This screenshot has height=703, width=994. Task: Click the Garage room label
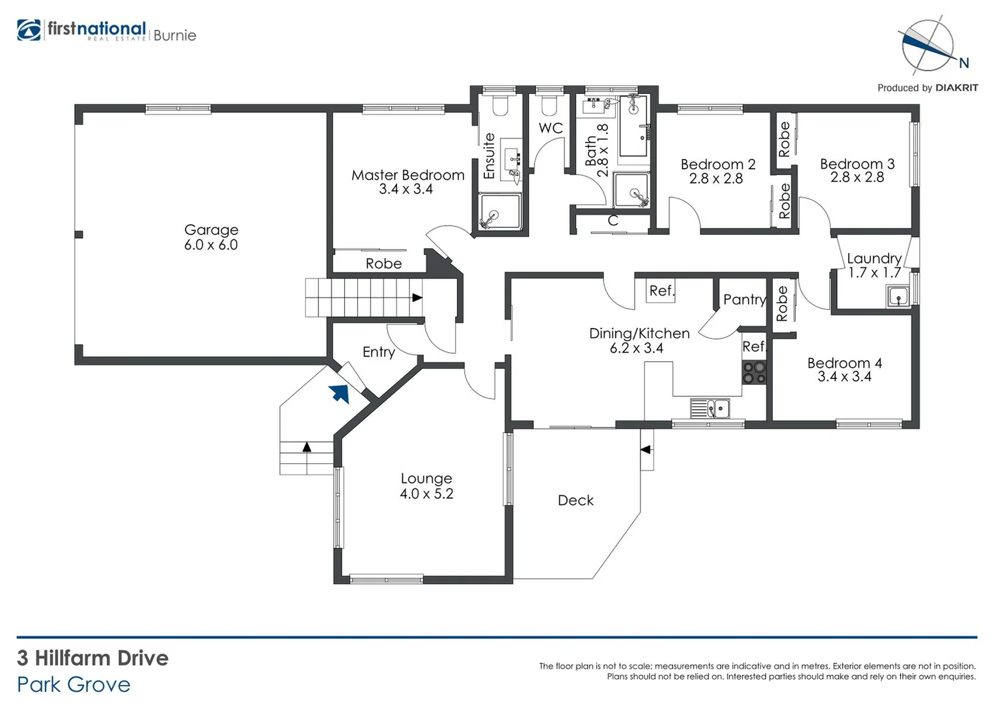pos(211,230)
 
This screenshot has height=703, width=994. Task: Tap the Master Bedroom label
pos(407,175)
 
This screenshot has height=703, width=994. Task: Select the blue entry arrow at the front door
pos(339,393)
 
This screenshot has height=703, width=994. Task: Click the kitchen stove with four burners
pos(754,372)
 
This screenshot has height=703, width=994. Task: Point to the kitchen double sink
pos(710,409)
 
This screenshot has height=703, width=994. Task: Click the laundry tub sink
pos(898,297)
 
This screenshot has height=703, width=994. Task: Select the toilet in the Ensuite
pos(500,105)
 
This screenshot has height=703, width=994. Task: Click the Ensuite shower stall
pos(500,212)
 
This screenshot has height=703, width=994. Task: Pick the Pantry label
pos(744,299)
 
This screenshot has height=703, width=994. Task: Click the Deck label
pos(575,501)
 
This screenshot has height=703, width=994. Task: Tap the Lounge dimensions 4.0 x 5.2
pos(426,494)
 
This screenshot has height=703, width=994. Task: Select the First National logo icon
pos(29,31)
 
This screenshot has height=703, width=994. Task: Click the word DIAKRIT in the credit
pos(956,88)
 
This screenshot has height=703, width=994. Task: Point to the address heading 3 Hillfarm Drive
pos(92,658)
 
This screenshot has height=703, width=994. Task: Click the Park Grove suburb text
pos(74,685)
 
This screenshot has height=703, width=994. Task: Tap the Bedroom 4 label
pos(844,363)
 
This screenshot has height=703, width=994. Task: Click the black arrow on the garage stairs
pos(417,297)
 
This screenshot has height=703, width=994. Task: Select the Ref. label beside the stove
pos(754,347)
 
